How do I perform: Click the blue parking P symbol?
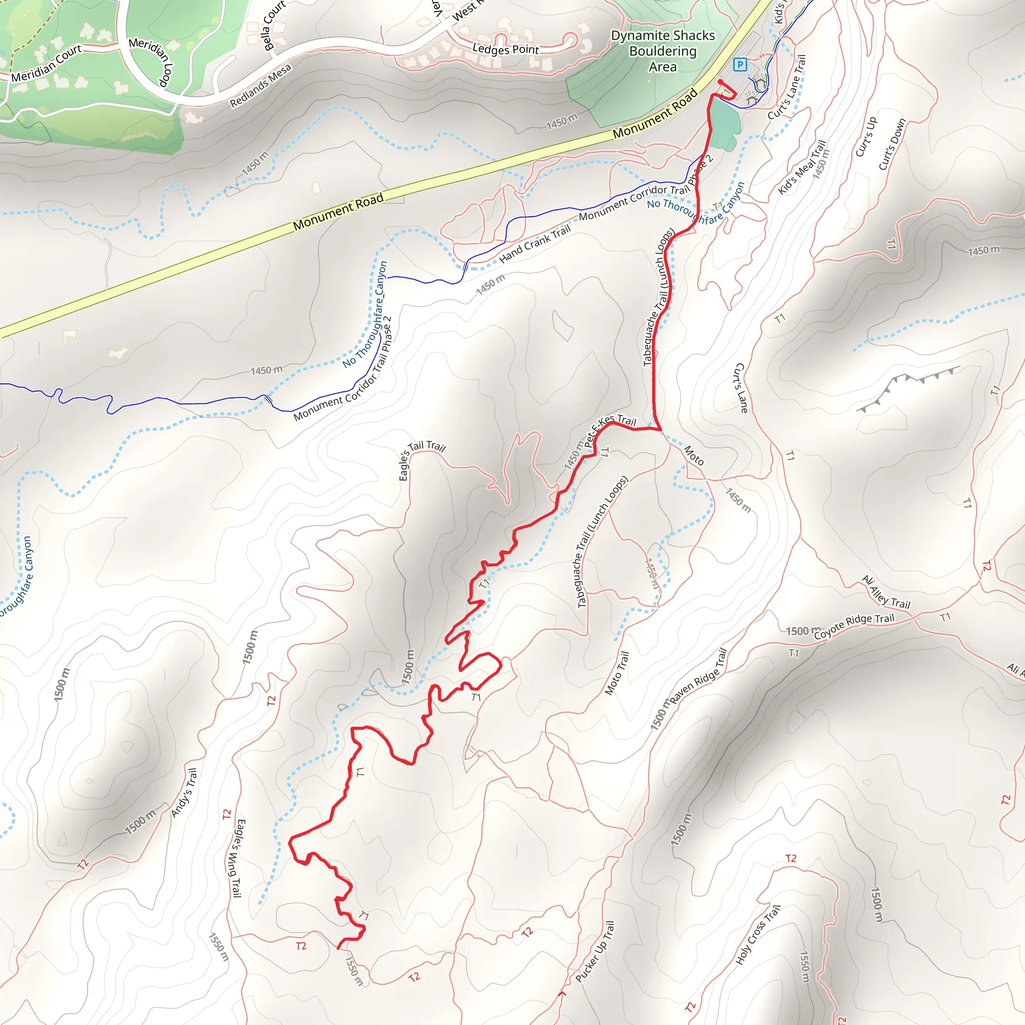pos(740,65)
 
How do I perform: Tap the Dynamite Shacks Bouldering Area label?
pos(663,51)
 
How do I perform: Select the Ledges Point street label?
pos(505,50)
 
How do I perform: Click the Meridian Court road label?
pos(46,63)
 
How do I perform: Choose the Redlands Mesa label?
pos(260,86)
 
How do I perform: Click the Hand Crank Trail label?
pos(535,244)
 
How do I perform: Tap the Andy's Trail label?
pos(184,793)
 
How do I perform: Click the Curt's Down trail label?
pos(892,145)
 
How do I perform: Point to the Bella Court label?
pos(274,25)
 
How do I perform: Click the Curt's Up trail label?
pos(866,136)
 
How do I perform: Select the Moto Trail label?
pos(617,673)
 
